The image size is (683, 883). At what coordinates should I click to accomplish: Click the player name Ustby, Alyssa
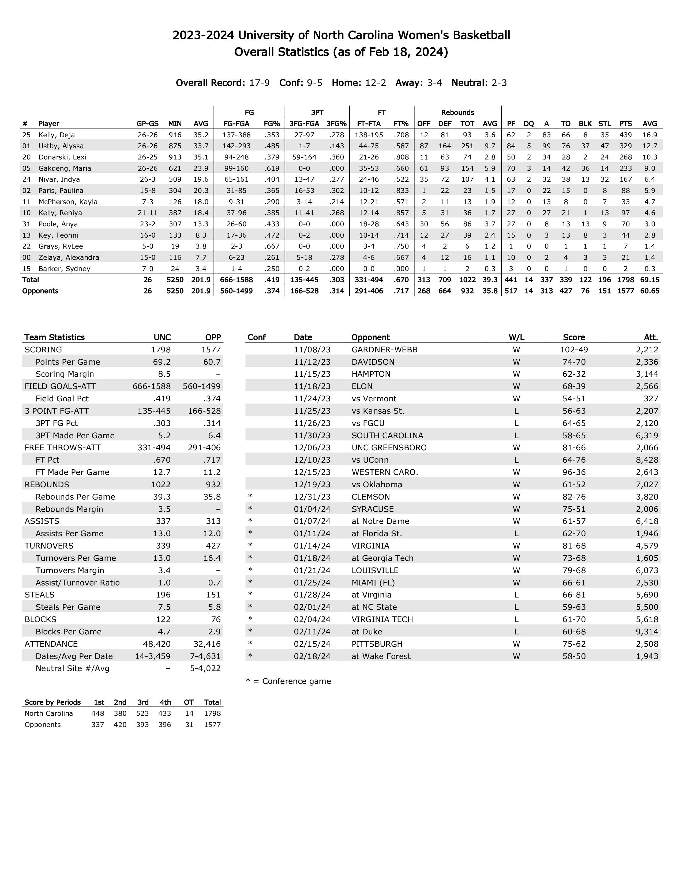61,146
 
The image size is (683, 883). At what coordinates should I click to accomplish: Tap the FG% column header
272,124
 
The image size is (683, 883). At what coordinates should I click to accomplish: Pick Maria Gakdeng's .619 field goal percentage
272,168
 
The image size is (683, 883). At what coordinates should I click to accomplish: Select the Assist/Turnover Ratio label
77,583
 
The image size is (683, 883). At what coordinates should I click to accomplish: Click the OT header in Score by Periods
189,702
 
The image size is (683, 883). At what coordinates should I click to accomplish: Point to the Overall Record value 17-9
259,83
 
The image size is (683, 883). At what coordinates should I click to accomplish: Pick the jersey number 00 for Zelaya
26,257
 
